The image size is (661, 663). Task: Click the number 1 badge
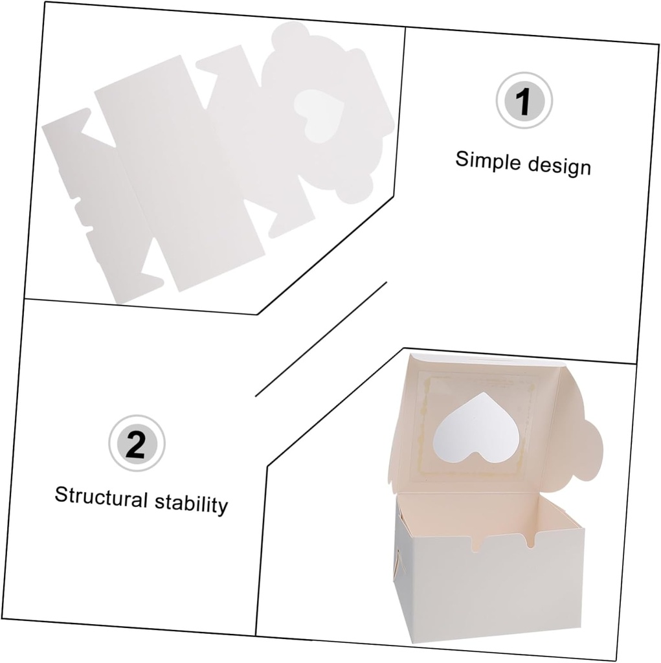point(524,100)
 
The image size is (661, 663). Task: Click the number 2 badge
point(137,444)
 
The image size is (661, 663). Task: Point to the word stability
point(191,502)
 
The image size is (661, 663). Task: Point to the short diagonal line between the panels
point(321,339)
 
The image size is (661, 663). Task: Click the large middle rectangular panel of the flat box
point(179,174)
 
